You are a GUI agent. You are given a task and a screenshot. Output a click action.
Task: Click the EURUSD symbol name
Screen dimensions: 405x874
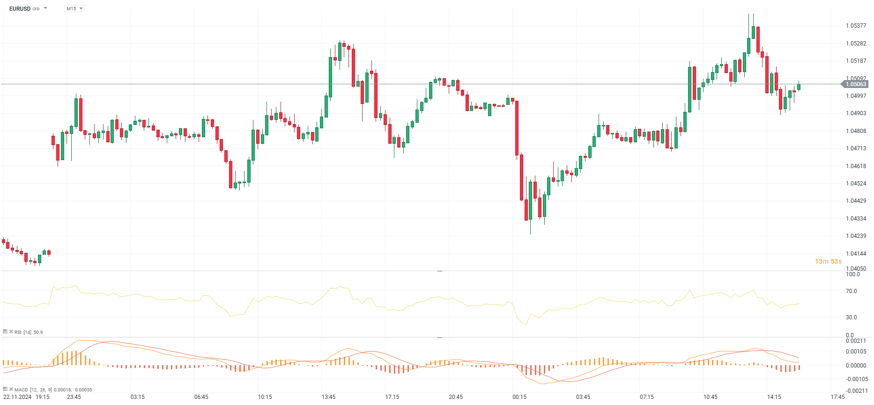pyautogui.click(x=20, y=8)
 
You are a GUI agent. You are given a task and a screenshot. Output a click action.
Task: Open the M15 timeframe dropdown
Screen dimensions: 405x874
pyautogui.click(x=74, y=8)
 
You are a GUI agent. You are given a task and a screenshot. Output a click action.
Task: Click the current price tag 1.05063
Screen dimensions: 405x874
pyautogui.click(x=855, y=84)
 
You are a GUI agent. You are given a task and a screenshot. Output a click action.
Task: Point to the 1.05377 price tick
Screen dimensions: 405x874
pyautogui.click(x=856, y=26)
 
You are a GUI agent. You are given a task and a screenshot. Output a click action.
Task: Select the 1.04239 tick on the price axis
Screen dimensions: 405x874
pyautogui.click(x=856, y=236)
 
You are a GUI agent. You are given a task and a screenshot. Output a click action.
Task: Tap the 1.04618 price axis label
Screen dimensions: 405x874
pyautogui.click(x=856, y=166)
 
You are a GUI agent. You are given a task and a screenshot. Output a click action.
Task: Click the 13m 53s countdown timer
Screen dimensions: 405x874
pyautogui.click(x=828, y=261)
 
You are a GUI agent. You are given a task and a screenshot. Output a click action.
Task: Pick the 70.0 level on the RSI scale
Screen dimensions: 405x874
pyautogui.click(x=851, y=291)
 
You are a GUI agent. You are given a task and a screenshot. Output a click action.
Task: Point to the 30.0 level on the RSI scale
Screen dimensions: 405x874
pyautogui.click(x=851, y=317)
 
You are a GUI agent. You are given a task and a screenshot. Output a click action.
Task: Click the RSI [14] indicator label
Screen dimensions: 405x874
pyautogui.click(x=23, y=332)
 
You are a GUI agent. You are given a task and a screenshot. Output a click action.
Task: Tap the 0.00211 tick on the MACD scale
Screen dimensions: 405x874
pyautogui.click(x=856, y=341)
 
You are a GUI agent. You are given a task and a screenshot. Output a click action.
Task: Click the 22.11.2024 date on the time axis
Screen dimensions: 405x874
pyautogui.click(x=17, y=397)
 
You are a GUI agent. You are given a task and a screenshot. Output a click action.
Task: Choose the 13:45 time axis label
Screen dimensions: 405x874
pyautogui.click(x=328, y=397)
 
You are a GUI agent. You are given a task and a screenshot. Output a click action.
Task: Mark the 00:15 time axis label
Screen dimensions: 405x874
pyautogui.click(x=519, y=397)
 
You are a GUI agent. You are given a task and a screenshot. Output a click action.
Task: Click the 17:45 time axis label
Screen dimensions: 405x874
pyautogui.click(x=837, y=397)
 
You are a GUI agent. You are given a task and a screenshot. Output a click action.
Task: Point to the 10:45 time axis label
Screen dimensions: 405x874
pyautogui.click(x=710, y=397)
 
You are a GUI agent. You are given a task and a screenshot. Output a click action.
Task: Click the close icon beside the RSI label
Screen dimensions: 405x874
pyautogui.click(x=11, y=332)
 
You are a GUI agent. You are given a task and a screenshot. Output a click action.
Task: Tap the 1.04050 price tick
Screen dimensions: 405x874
pyautogui.click(x=856, y=269)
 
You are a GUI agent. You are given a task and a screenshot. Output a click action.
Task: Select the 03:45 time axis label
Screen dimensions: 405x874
pyautogui.click(x=583, y=397)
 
